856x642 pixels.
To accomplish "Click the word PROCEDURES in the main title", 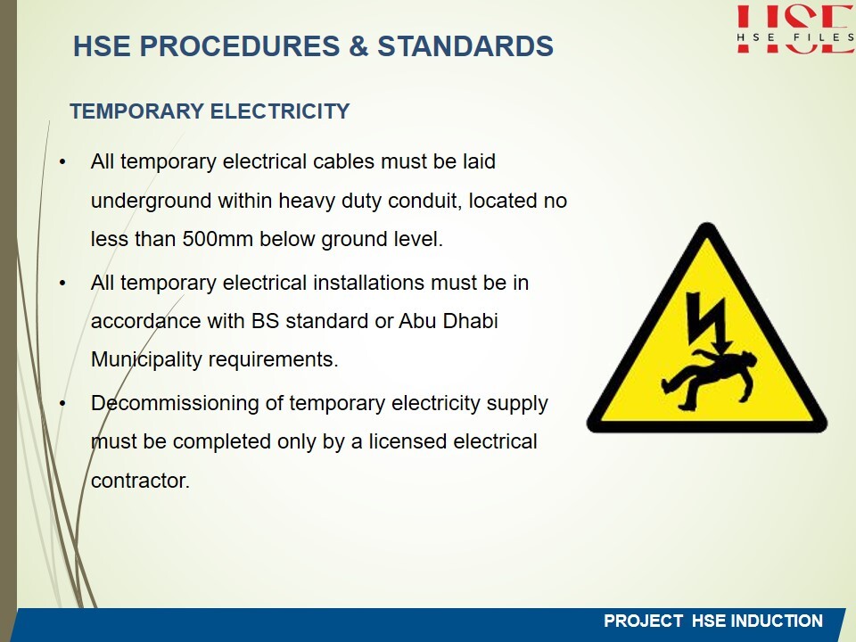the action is click(x=240, y=45).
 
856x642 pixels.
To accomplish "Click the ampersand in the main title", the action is click(x=358, y=45).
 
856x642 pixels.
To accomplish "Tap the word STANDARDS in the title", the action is click(x=465, y=45).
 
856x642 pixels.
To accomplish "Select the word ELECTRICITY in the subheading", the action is click(x=280, y=111).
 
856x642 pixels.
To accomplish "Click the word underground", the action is click(x=152, y=202).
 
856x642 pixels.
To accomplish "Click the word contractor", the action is click(x=140, y=481).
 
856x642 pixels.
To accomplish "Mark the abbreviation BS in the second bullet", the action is click(x=266, y=321).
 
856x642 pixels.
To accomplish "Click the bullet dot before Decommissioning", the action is click(x=62, y=403).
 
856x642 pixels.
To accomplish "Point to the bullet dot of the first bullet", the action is click(x=62, y=162).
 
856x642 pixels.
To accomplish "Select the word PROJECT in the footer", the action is click(x=643, y=621).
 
